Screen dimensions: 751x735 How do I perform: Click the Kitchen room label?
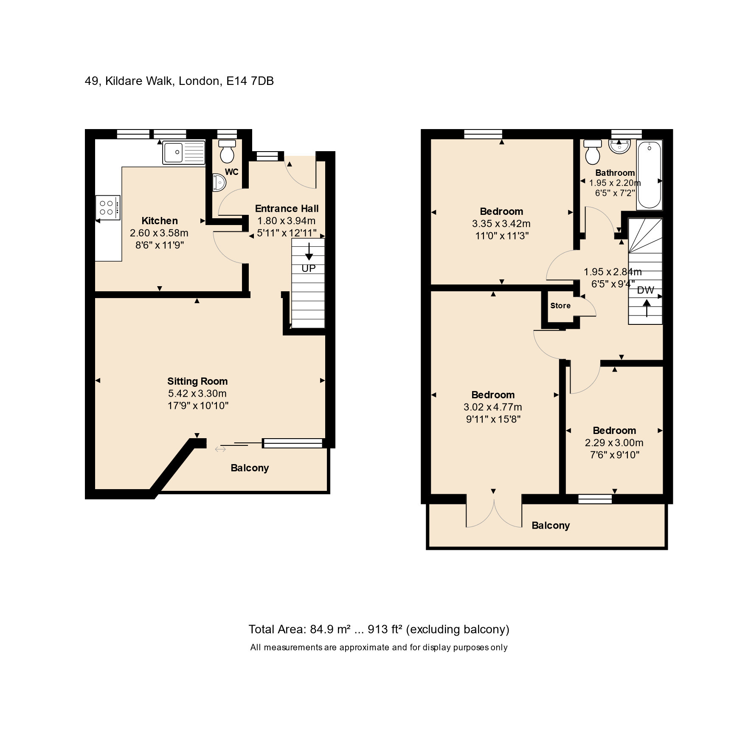(160, 221)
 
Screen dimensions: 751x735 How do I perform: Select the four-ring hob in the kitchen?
(108, 208)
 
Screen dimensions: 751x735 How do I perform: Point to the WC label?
(232, 172)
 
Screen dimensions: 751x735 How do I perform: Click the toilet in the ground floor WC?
(227, 151)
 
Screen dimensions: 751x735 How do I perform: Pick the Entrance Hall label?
(287, 208)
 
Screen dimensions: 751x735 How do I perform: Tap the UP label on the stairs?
(309, 268)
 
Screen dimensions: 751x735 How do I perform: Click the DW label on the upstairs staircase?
(646, 290)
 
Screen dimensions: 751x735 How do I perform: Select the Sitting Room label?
(197, 381)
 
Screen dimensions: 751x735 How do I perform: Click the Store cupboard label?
(560, 306)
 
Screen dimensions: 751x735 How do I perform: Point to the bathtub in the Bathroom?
(649, 175)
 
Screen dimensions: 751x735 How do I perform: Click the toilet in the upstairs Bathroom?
(593, 152)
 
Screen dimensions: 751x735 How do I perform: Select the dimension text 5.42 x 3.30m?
(197, 394)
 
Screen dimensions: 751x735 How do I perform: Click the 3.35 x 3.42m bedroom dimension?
(501, 224)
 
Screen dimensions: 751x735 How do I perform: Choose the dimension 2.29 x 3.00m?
(614, 443)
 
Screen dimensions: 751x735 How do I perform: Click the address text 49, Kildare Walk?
(129, 81)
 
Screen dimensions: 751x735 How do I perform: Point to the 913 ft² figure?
(385, 629)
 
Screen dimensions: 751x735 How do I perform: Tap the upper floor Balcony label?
(551, 526)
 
